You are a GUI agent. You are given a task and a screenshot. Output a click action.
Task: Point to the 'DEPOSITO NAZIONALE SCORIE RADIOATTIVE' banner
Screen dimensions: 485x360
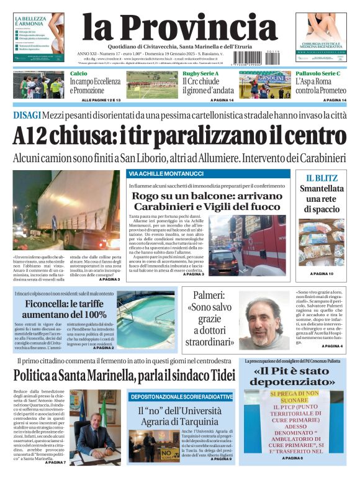tap(181, 397)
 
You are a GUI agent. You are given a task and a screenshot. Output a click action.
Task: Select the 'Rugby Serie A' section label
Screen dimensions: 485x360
tap(200, 74)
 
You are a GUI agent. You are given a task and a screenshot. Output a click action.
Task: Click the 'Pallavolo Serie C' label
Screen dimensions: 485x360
tap(317, 74)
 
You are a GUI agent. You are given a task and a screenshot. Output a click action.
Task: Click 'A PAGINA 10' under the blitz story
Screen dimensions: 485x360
tap(322, 274)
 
